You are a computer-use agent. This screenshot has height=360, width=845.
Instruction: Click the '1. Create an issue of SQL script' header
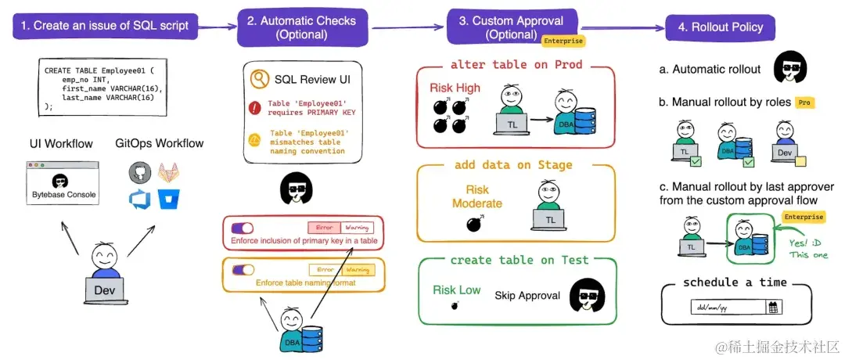(105, 26)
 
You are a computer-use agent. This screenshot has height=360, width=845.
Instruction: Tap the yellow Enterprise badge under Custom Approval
(563, 40)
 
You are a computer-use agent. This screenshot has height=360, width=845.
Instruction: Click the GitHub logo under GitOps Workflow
(141, 171)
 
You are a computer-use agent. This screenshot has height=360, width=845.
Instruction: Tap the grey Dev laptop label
(104, 290)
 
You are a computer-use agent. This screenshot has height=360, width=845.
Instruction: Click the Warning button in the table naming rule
(358, 270)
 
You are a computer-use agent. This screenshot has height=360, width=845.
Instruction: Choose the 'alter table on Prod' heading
(516, 65)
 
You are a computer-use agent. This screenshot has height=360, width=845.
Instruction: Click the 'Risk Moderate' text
(476, 196)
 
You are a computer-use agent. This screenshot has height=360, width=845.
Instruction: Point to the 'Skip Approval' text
(527, 295)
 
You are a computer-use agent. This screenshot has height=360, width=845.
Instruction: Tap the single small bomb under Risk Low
(455, 306)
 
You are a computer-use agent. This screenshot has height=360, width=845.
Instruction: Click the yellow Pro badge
(804, 103)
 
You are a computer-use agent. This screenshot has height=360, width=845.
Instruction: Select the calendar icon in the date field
(773, 308)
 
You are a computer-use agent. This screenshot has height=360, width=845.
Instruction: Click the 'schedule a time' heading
(735, 283)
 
